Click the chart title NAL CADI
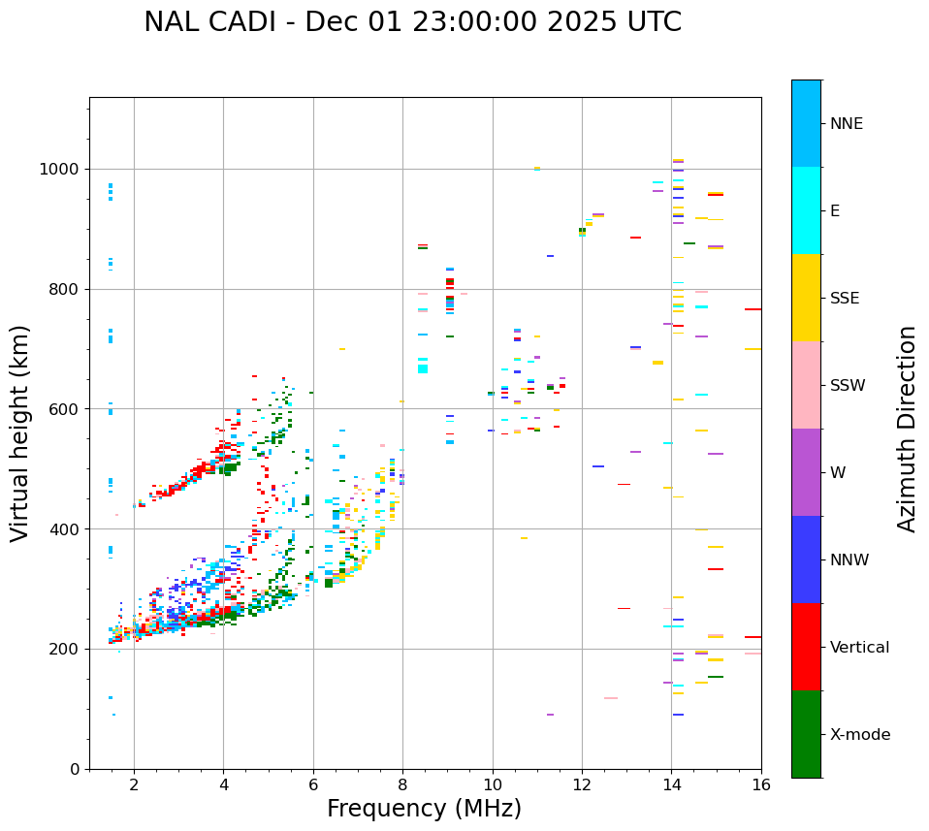coord(412,22)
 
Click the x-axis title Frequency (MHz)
coord(424,809)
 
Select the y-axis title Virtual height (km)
coord(20,432)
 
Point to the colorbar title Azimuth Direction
coord(907,429)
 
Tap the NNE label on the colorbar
coord(846,124)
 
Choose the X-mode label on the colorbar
coord(859,735)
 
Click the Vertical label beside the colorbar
coord(859,648)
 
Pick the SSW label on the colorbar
coord(848,386)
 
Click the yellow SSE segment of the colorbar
coord(806,298)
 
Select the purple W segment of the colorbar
coord(806,472)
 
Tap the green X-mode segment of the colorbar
coord(806,734)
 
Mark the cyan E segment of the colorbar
coord(806,210)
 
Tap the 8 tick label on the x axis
coord(402,784)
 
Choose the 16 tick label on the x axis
coord(761,784)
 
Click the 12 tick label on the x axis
coord(582,784)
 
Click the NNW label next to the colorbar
coord(849,560)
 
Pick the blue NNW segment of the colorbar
coord(806,559)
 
